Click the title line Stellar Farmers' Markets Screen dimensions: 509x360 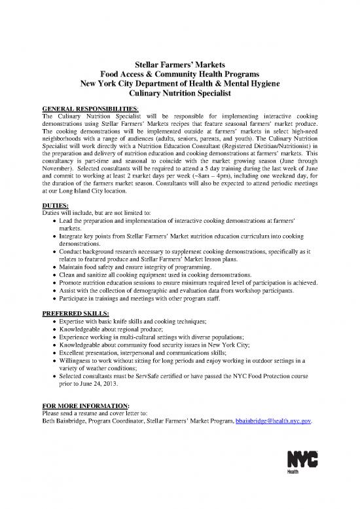click(x=179, y=66)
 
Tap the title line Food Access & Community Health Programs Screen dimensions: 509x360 click(x=179, y=75)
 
